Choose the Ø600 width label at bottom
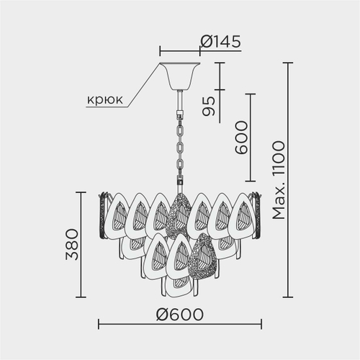(x=179, y=315)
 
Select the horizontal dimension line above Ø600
(x=179, y=325)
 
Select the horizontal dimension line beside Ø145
(x=179, y=52)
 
